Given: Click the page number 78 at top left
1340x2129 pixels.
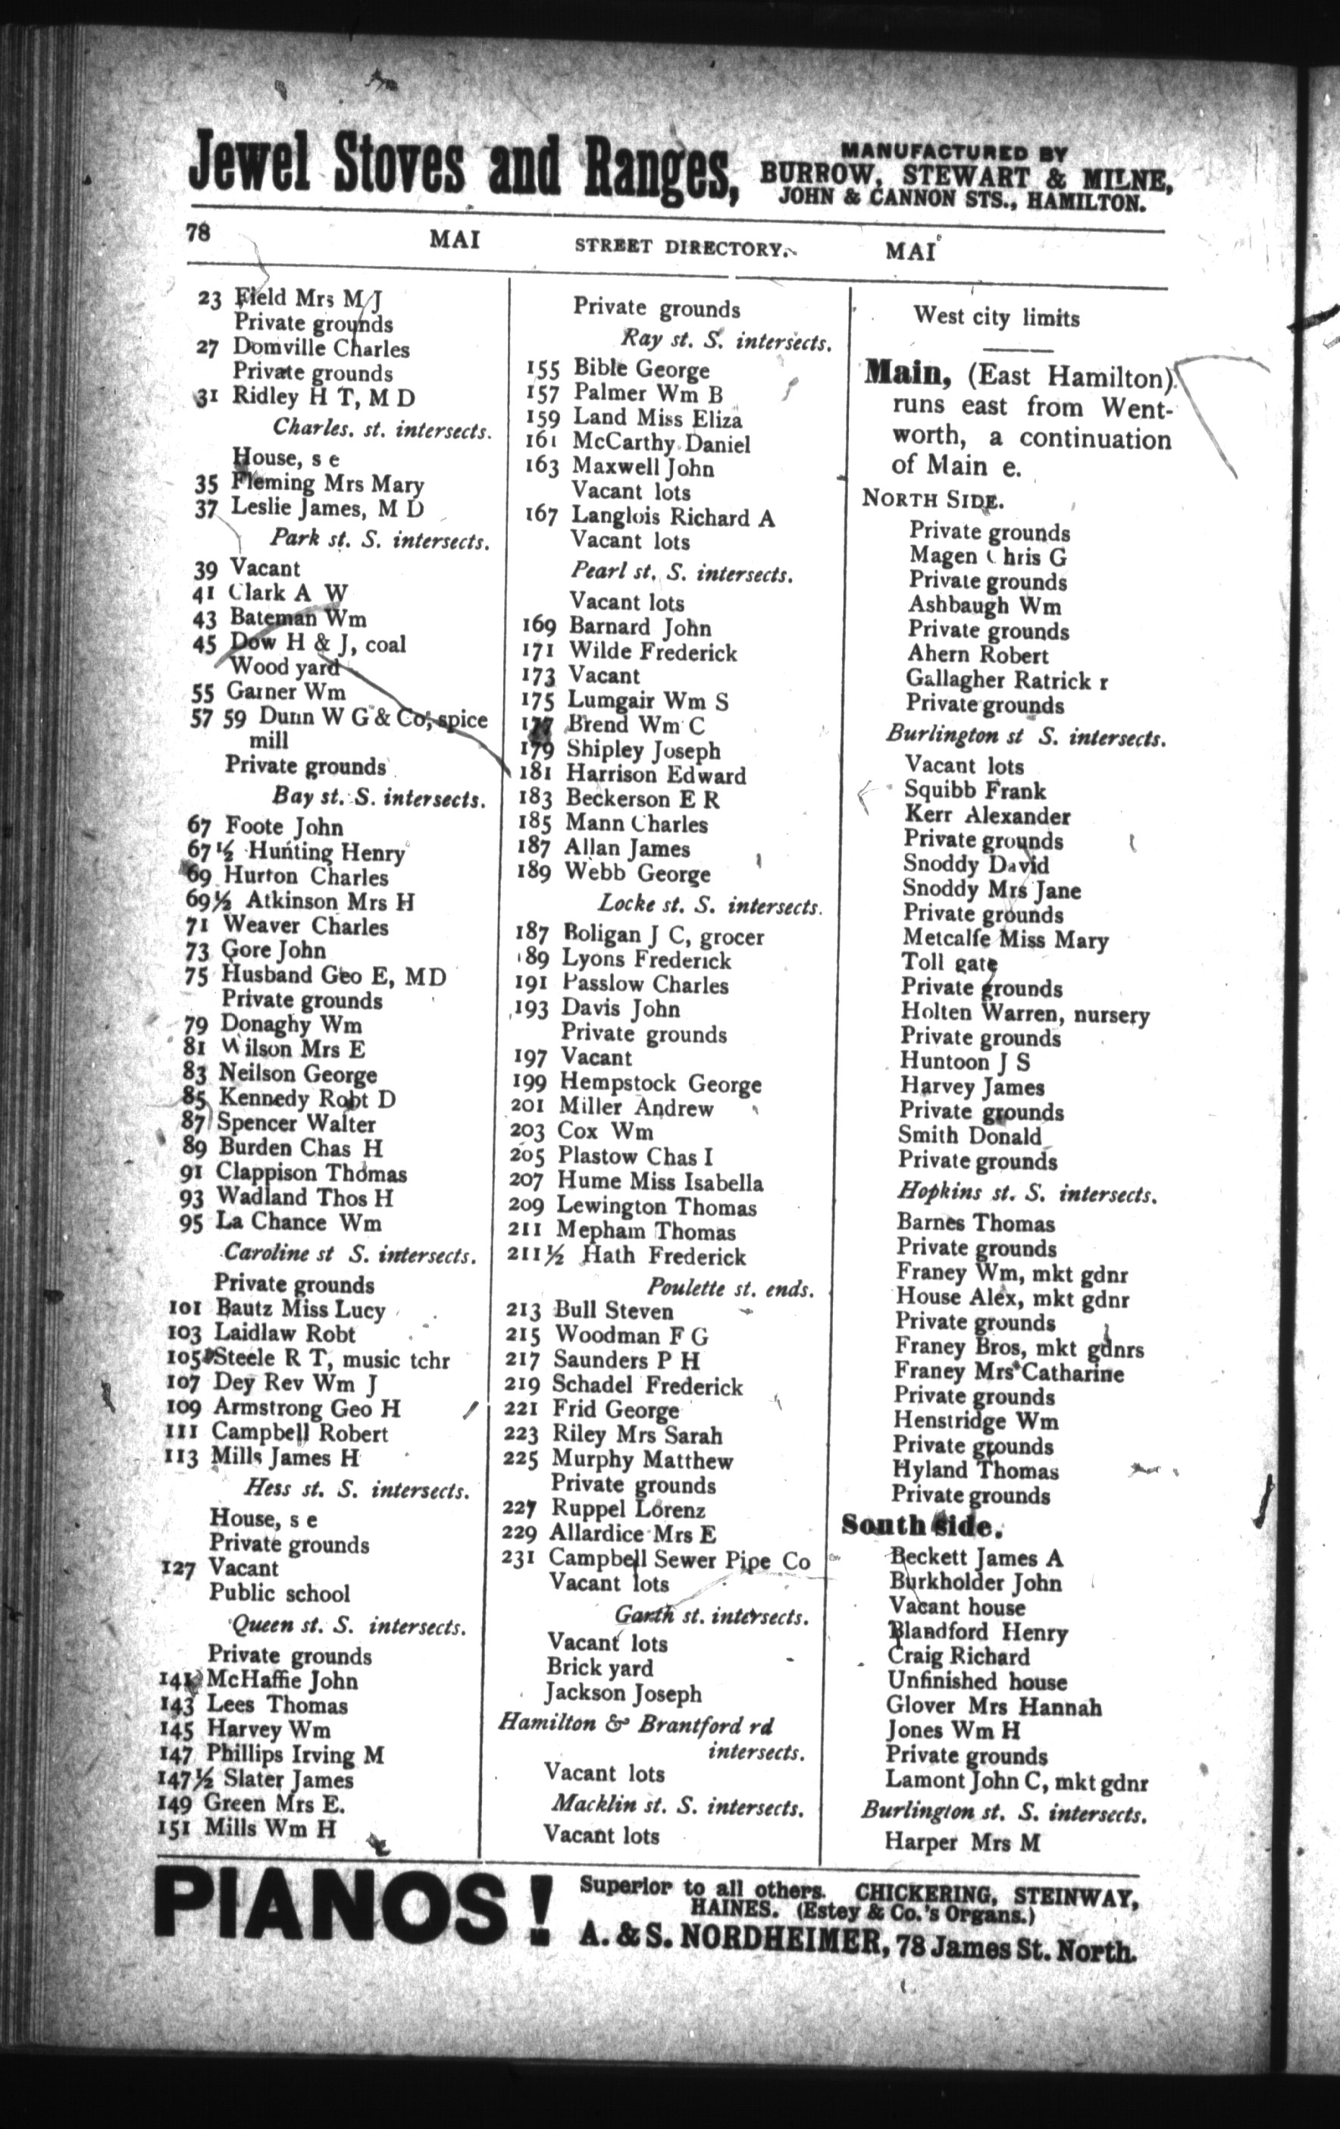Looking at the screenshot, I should click(197, 234).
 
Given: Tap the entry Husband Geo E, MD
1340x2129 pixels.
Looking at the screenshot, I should click(333, 975).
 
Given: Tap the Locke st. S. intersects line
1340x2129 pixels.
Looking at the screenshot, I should click(709, 906).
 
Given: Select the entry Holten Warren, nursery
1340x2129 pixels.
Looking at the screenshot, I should click(1025, 1013).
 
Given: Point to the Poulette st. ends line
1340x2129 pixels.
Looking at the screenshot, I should click(729, 1288).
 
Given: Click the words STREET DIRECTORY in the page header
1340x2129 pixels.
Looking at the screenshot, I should click(678, 249).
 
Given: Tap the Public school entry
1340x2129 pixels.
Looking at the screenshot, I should click(280, 1593).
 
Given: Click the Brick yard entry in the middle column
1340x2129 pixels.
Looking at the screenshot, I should click(600, 1668).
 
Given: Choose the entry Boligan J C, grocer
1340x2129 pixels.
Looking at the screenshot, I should click(663, 936).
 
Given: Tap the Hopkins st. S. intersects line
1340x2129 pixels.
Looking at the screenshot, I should click(1027, 1194).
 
